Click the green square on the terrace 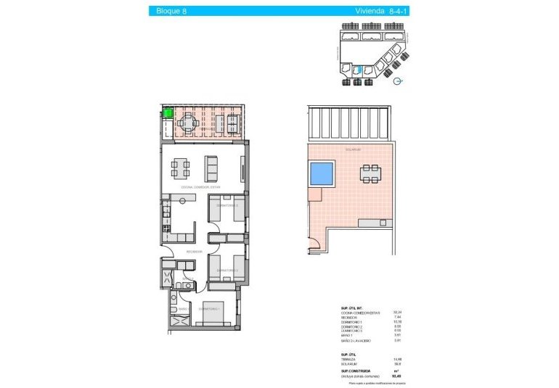pos(168,112)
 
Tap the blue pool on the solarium pos(322,173)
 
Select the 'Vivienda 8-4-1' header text pos(378,11)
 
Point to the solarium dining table pos(370,173)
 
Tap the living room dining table pos(181,168)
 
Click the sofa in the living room pos(213,168)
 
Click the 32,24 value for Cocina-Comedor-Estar pos(397,313)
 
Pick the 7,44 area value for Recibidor pos(397,318)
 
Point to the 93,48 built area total pos(397,376)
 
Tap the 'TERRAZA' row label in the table pos(348,359)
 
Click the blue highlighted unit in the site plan pos(356,70)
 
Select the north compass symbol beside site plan pos(396,82)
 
